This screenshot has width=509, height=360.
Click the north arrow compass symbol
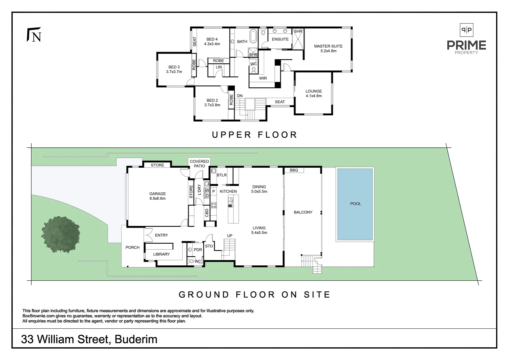tap(34, 35)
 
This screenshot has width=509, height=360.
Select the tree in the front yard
tap(60, 234)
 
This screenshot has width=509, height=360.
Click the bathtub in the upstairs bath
tap(253, 36)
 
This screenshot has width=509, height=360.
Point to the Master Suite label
tap(328, 46)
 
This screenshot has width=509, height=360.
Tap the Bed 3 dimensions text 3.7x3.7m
tap(174, 72)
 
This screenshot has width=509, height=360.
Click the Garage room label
tap(158, 194)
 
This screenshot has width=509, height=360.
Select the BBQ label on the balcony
tap(294, 170)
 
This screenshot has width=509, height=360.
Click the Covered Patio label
tap(199, 164)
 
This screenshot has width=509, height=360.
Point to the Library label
tap(161, 254)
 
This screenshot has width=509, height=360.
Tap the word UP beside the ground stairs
tap(230, 236)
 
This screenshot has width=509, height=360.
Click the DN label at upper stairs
tap(240, 96)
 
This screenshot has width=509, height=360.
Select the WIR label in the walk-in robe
tap(263, 78)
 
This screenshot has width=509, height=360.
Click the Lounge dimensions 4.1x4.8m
tap(314, 96)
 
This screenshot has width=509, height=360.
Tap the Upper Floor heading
tap(254, 135)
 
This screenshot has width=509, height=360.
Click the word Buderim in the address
tap(136, 339)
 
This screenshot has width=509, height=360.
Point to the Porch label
tap(133, 247)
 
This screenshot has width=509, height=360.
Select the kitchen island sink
tap(231, 201)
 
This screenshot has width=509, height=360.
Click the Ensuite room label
tap(280, 39)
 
